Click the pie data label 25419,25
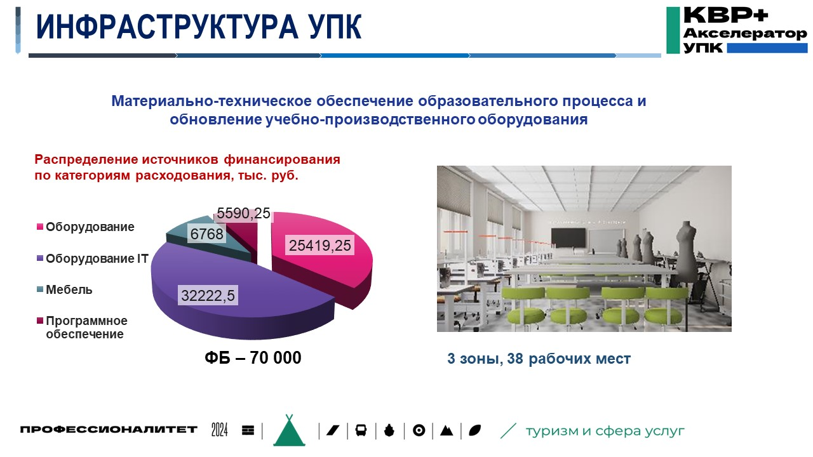pyautogui.click(x=319, y=246)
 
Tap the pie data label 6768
pyautogui.click(x=207, y=235)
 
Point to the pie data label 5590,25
pyautogui.click(x=244, y=214)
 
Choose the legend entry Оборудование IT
pyautogui.click(x=97, y=258)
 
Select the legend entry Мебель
pyautogui.click(x=69, y=290)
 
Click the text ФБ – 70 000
pyautogui.click(x=252, y=358)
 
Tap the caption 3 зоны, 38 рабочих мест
pyautogui.click(x=539, y=359)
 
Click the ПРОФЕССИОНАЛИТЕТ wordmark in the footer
pyautogui.click(x=109, y=430)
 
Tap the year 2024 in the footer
pyautogui.click(x=220, y=430)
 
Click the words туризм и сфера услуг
pyautogui.click(x=605, y=431)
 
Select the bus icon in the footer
pyautogui.click(x=360, y=430)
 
